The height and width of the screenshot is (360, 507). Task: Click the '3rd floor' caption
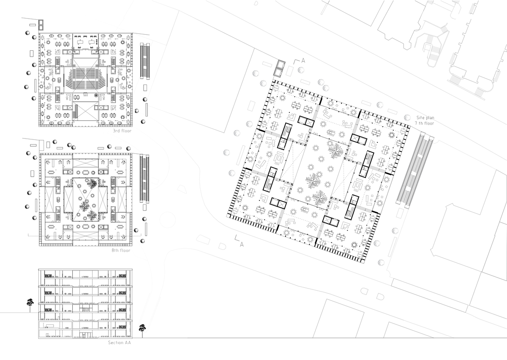click(122, 131)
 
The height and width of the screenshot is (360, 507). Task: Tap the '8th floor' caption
click(121, 251)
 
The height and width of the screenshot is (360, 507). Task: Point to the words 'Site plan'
click(425, 118)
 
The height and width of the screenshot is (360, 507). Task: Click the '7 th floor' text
click(424, 123)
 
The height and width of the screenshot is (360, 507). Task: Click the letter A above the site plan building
click(303, 60)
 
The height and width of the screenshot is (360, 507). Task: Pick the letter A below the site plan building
click(242, 245)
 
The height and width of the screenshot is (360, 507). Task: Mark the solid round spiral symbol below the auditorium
click(96, 95)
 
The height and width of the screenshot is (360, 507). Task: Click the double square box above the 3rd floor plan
click(41, 25)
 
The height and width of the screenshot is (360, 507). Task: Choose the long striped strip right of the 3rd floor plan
click(145, 61)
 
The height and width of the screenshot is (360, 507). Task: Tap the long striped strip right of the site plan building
click(415, 171)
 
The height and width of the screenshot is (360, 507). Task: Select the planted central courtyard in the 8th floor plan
click(85, 199)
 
